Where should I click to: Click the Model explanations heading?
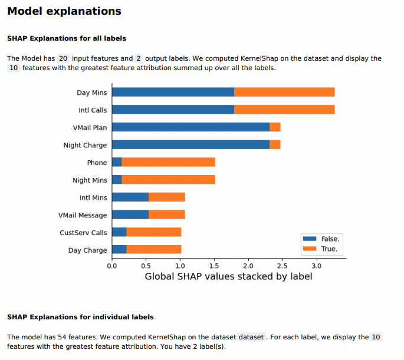point(64,11)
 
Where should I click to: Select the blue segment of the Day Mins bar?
point(173,92)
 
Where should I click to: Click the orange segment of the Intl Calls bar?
point(284,110)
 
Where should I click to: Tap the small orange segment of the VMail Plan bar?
point(275,127)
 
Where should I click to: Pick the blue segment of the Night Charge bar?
point(190,144)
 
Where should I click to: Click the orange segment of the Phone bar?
point(168,162)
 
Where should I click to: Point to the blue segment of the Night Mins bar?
point(117,180)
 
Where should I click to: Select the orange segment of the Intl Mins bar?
point(166,197)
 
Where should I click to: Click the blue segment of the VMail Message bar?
point(130,214)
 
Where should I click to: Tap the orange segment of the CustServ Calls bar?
point(153,232)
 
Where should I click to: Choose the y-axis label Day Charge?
point(88,250)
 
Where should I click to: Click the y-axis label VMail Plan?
point(90,127)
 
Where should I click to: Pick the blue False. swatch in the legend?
point(310,239)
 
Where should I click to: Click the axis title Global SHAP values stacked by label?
point(228,276)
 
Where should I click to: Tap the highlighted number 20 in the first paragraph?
point(64,58)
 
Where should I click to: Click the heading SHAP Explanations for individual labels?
point(80,317)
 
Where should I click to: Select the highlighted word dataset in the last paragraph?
point(250,337)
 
